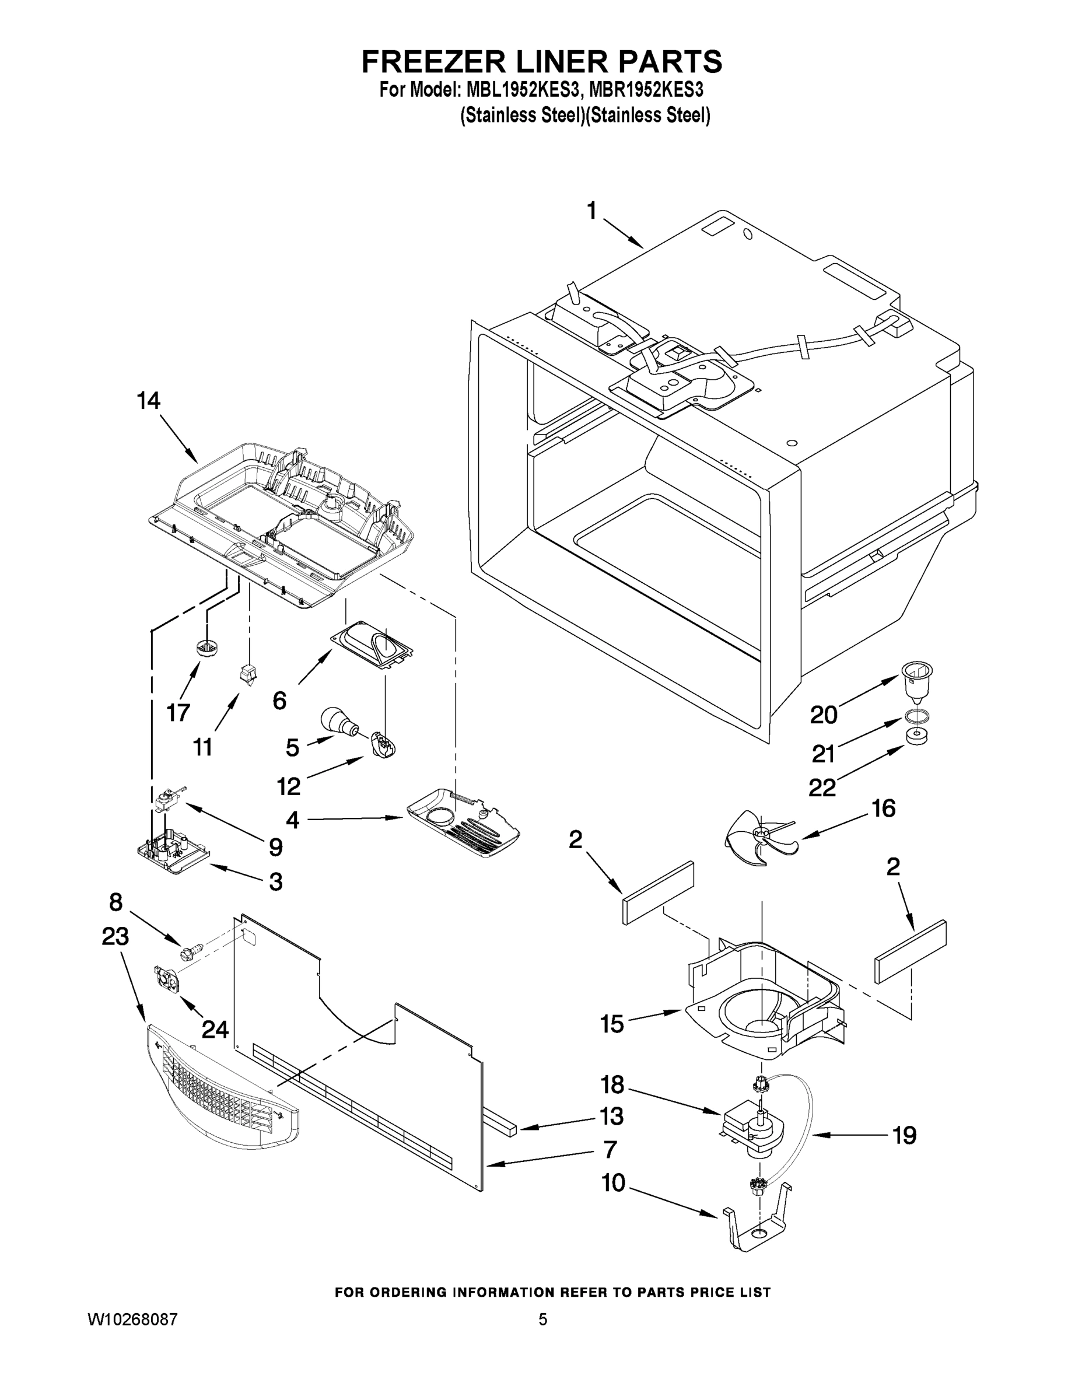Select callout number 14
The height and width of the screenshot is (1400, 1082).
click(148, 401)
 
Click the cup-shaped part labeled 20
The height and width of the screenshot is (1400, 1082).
click(916, 681)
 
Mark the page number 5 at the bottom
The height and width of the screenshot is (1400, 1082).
click(542, 1320)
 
